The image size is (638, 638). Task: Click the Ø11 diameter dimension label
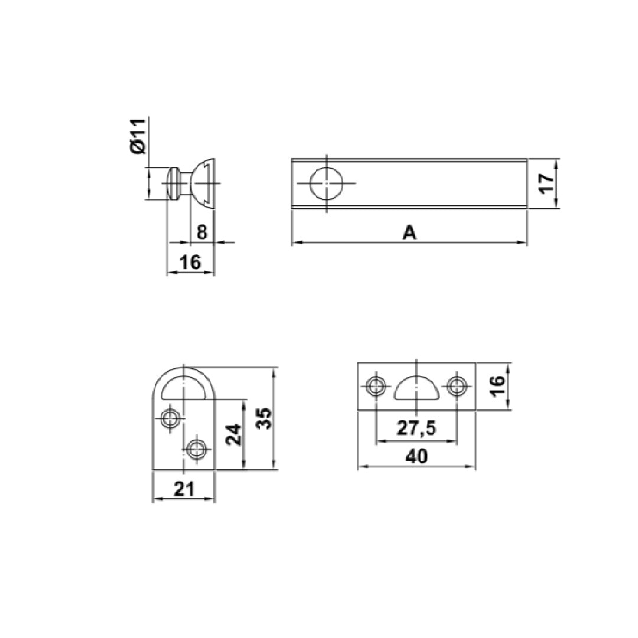point(138,136)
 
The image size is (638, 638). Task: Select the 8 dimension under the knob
point(202,232)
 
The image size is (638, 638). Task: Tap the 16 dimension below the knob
point(190,262)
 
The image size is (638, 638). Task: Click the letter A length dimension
point(410,233)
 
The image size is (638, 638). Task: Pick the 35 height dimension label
point(265,418)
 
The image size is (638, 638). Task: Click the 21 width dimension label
point(184,489)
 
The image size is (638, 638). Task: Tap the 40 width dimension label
point(416,457)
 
